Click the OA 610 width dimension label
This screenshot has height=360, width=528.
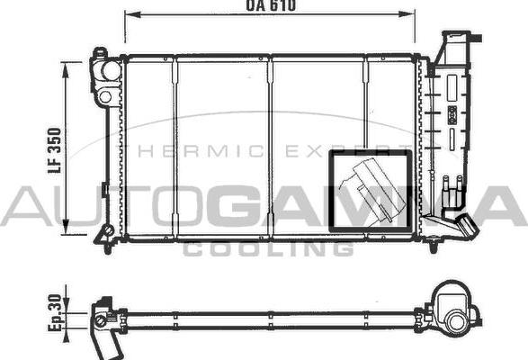pyautogui.click(x=271, y=5)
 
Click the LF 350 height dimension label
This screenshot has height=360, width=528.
pyautogui.click(x=55, y=150)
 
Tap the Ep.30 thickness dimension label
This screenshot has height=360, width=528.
pyautogui.click(x=55, y=312)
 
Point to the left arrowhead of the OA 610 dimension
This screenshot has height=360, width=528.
pyautogui.click(x=132, y=14)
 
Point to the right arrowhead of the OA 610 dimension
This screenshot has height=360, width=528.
pyautogui.click(x=407, y=14)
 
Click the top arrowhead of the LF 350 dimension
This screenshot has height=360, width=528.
pyautogui.click(x=66, y=70)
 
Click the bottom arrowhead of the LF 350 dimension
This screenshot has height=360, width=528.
pyautogui.click(x=66, y=227)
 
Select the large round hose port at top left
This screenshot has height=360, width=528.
pyautogui.click(x=111, y=71)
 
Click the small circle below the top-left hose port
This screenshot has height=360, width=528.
pyautogui.click(x=105, y=97)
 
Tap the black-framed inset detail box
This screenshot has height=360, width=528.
pyautogui.click(x=371, y=191)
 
